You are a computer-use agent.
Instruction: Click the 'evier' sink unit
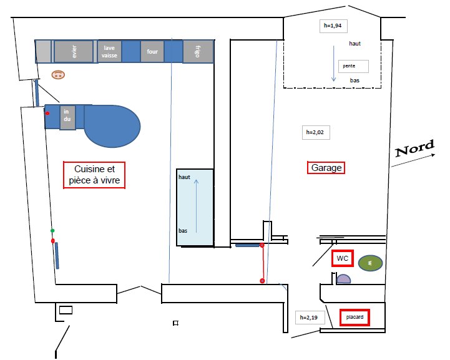coord(74,51)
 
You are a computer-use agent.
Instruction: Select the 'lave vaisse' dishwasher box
coord(109,52)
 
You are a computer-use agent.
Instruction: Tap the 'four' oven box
coord(152,52)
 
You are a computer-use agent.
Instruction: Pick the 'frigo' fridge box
coord(198,52)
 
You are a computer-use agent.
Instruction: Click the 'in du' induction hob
coord(67,118)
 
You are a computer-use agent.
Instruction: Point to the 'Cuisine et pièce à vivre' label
coord(94,175)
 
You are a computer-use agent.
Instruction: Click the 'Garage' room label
coord(326,168)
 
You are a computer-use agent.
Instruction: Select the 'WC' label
coord(343,258)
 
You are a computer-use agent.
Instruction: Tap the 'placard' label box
coord(355,317)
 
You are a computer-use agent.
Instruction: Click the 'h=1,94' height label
coord(333,26)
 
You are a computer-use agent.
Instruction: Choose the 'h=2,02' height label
coord(316,132)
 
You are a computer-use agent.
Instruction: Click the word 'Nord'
coord(414,148)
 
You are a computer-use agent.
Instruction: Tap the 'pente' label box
coord(353,66)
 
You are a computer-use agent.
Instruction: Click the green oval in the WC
coord(370,263)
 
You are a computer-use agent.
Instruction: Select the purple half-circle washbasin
coord(343,279)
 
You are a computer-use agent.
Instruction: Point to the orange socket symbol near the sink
coord(58,75)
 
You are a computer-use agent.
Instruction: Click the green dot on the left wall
coord(52,231)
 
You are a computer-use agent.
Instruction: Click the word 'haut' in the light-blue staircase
coord(184,177)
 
